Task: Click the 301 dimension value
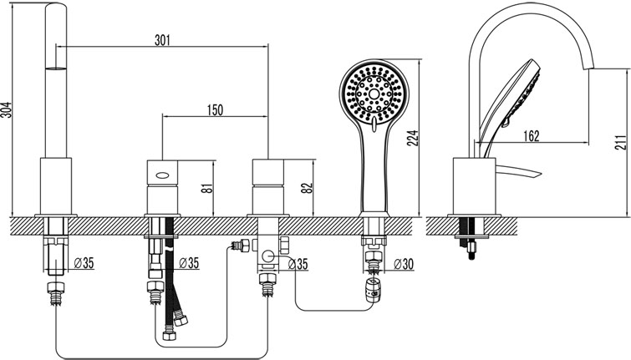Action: click(163, 40)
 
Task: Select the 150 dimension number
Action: click(215, 109)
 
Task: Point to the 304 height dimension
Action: click(7, 109)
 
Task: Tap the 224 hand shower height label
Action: click(414, 138)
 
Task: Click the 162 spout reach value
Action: click(532, 136)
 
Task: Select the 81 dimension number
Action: click(206, 188)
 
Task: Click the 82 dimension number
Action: click(307, 188)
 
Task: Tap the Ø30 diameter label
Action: click(404, 264)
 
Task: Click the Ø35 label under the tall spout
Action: click(84, 263)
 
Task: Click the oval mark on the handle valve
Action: click(163, 175)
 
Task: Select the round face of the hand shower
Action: click(374, 94)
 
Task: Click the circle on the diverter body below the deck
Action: click(267, 255)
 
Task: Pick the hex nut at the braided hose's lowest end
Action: click(169, 336)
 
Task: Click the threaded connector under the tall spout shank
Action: click(56, 294)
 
